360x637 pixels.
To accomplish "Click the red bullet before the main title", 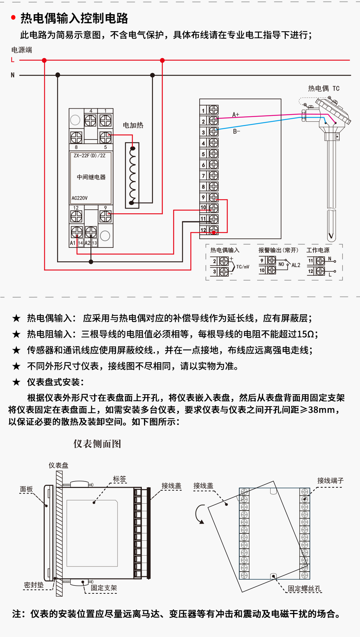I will point(13,17).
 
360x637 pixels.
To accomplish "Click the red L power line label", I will point(13,60).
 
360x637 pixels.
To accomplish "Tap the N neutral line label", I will point(13,75).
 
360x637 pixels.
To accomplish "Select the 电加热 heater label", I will point(133,125).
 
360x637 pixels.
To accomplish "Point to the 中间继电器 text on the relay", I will point(91,177).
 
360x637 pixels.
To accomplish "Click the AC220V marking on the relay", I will point(80,198).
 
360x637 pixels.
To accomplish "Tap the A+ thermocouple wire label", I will point(236,115).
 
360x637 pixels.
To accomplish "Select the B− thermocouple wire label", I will point(236,131).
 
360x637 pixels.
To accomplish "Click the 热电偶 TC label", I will point(324,88).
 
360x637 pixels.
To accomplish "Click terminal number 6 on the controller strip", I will point(204,165).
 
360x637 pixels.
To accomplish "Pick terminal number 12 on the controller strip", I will point(204,230).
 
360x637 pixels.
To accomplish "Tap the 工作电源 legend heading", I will point(318,250).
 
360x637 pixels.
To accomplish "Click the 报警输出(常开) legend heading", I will point(278,250).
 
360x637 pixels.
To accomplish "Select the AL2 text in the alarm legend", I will point(296,265).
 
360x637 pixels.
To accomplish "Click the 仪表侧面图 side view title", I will point(97,444).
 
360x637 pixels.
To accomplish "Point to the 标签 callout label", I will point(120,479).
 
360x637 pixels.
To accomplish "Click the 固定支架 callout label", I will point(104,588).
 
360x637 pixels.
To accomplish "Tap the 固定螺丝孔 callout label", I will point(304,588).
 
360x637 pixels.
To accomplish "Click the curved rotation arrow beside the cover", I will point(199,514).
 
